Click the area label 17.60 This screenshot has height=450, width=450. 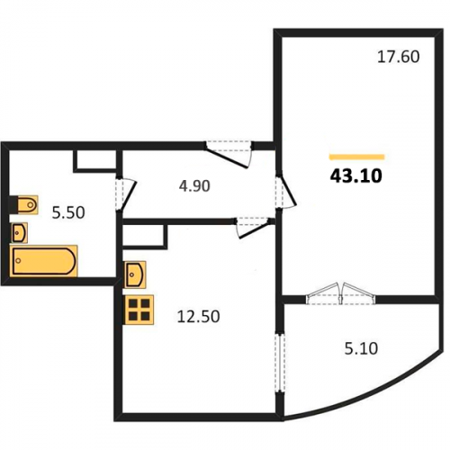point(398,57)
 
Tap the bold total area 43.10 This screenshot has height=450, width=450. point(356,175)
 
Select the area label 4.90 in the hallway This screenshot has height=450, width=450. point(194,186)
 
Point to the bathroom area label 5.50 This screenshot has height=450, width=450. point(68,212)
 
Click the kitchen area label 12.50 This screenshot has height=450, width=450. point(198,317)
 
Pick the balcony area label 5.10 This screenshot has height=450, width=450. point(361,348)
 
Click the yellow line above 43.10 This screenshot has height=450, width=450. point(357,157)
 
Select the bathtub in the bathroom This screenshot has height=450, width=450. point(44,260)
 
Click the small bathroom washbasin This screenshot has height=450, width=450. point(20,232)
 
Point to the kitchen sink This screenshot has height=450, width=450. point(135,274)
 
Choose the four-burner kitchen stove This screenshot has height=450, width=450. point(139,310)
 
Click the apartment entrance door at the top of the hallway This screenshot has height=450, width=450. point(229,154)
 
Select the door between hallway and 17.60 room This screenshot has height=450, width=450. point(285,191)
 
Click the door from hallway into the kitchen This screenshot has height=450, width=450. point(255,228)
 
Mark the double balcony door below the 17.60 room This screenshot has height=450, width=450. point(340,294)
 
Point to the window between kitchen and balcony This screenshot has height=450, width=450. point(280,362)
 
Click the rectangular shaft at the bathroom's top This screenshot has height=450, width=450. point(96,160)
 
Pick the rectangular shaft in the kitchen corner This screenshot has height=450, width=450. point(145,237)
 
